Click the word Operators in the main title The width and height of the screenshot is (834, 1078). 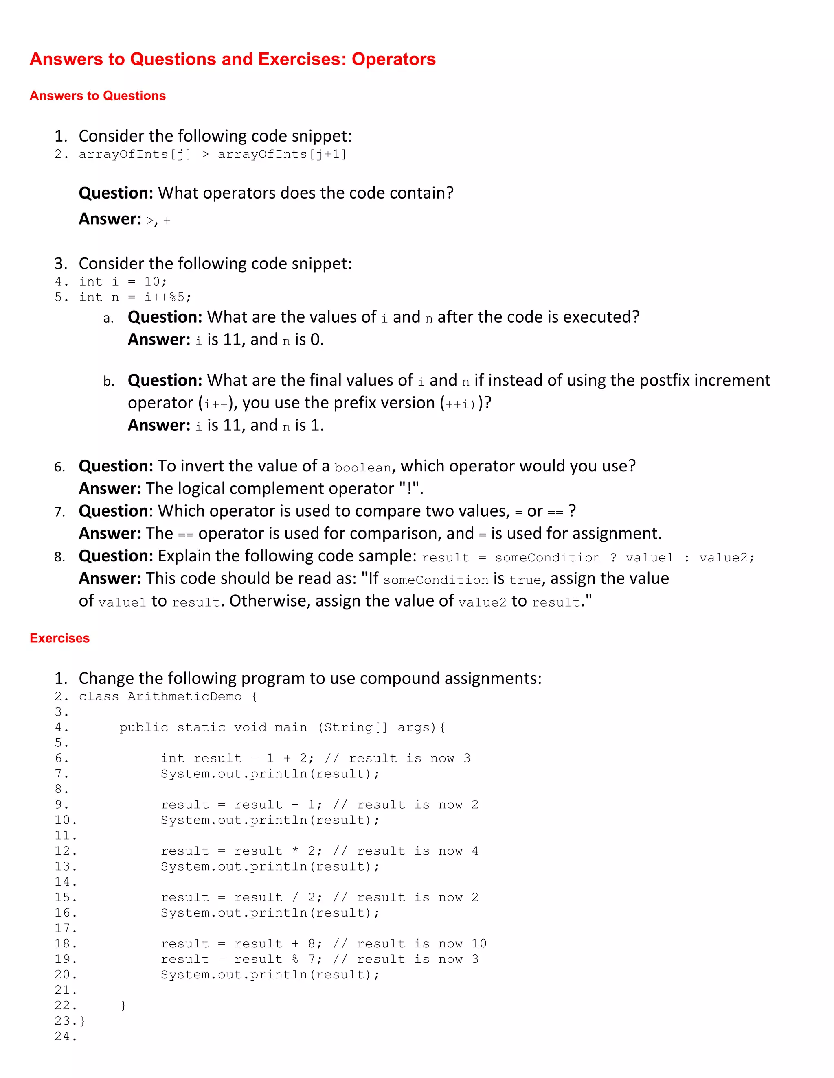pos(393,59)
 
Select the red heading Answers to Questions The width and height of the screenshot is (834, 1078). pos(98,96)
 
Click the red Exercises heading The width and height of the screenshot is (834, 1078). pos(59,638)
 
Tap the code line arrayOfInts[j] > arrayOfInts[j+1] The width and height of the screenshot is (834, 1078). pos(213,155)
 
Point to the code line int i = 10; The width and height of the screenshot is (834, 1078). pos(123,282)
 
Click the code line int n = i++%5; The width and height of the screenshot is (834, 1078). pos(135,297)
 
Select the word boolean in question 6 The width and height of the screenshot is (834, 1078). pos(363,467)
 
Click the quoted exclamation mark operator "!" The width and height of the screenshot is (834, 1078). pos(410,489)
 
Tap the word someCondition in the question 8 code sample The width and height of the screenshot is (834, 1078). pos(547,558)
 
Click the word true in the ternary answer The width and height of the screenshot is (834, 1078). pos(525,580)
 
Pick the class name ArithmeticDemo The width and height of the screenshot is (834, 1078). pos(184,696)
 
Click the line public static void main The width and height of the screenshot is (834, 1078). pos(282,728)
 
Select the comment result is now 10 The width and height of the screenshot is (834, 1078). pos(421,944)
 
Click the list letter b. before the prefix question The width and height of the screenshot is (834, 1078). pos(109,382)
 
